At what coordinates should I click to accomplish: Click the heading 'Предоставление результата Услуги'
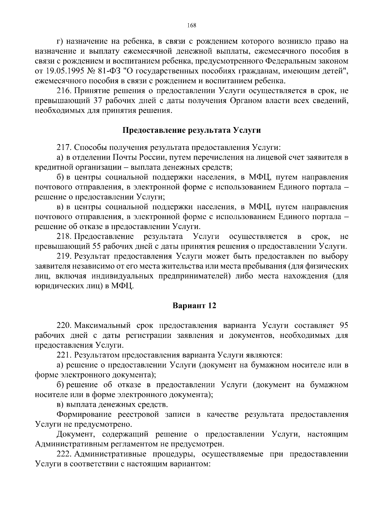192,130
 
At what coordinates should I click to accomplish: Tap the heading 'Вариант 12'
194,306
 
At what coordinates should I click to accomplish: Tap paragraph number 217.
64,148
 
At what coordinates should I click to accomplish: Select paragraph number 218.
64,236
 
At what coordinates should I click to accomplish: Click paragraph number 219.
64,256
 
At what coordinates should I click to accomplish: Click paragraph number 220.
64,325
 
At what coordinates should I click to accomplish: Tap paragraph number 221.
64,355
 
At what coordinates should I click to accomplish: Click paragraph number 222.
64,454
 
